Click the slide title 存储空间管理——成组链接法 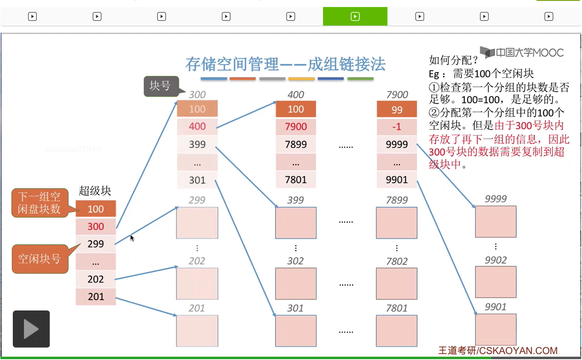click(x=285, y=64)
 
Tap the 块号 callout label click(x=161, y=86)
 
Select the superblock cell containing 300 click(x=95, y=226)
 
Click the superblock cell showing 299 click(x=95, y=244)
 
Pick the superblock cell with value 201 click(x=95, y=296)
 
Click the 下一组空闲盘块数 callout click(x=39, y=203)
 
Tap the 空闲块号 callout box click(x=39, y=259)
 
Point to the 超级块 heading click(x=95, y=191)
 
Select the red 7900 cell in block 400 click(x=296, y=127)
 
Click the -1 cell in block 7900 click(x=397, y=127)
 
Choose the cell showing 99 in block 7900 click(x=397, y=110)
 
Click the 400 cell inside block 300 click(x=197, y=126)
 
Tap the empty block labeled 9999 click(x=496, y=222)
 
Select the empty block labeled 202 click(x=197, y=284)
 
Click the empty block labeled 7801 click(x=397, y=331)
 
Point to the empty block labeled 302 click(x=296, y=284)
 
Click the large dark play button click(x=31, y=329)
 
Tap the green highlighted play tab click(x=355, y=17)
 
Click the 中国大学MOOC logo click(x=523, y=52)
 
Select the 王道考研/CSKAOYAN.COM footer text click(x=498, y=351)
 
